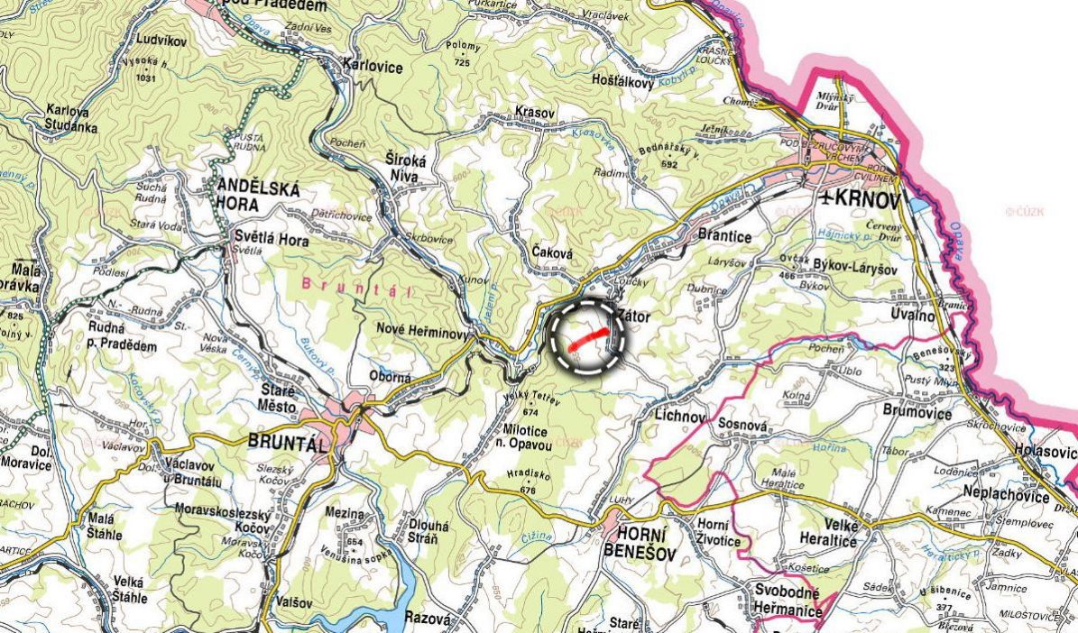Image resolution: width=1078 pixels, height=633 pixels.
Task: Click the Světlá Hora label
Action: coord(271,241)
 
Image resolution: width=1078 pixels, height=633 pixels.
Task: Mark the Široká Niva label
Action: coord(403,169)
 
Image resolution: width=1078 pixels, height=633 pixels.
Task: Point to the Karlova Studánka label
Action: coord(71,118)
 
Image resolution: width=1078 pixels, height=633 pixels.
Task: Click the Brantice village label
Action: coord(725,236)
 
